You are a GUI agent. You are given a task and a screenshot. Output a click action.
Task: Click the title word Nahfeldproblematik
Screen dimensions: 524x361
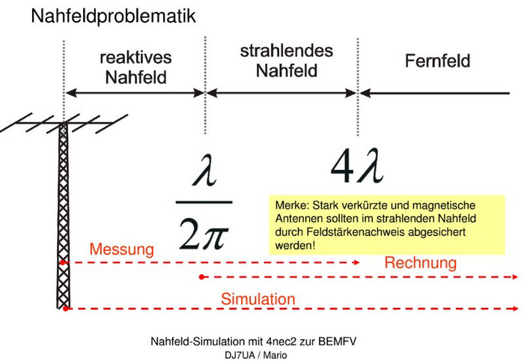coord(113,16)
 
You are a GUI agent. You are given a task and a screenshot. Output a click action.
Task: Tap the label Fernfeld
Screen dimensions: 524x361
coord(437,61)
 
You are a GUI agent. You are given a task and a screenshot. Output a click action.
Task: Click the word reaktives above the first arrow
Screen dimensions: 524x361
coord(135,58)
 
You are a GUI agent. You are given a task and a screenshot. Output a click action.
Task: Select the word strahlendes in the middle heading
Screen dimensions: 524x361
coord(287,51)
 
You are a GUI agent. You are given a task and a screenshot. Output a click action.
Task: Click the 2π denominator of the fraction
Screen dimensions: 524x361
coord(204,234)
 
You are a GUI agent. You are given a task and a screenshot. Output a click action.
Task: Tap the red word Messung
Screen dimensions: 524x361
coord(121,249)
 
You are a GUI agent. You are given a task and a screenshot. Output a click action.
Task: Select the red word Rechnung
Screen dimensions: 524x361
coord(421,263)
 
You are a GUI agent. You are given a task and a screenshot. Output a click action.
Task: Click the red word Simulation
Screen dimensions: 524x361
coord(258,299)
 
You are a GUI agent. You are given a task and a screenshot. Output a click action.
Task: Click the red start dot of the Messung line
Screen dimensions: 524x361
coord(62,263)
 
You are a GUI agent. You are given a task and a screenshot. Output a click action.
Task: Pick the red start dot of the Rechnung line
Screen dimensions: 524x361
coord(201,277)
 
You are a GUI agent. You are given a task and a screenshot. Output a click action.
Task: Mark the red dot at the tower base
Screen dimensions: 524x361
coord(66,309)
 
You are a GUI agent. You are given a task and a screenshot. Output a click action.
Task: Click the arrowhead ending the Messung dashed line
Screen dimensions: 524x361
coord(356,263)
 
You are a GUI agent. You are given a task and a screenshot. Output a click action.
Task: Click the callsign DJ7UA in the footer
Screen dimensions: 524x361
coord(240,355)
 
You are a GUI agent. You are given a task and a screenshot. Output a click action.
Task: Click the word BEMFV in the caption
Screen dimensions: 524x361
coord(337,342)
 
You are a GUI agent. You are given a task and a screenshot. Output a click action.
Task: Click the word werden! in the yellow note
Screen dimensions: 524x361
coord(295,246)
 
